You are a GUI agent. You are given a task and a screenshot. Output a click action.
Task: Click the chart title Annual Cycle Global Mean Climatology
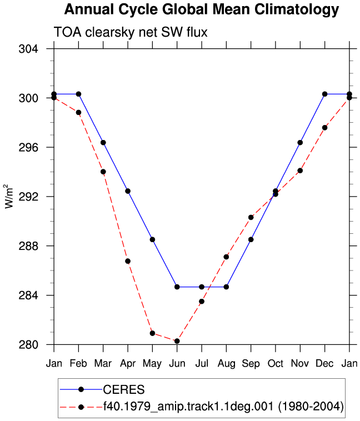pos(202,10)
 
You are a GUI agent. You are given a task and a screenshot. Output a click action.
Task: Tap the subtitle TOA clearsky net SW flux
pos(131,32)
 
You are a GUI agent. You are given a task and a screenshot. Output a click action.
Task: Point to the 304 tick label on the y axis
pos(28,49)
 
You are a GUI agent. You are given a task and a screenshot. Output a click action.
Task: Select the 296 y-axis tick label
pos(28,147)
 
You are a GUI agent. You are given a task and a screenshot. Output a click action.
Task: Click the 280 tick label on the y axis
pos(28,344)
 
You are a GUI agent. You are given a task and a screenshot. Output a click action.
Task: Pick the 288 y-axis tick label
pos(28,246)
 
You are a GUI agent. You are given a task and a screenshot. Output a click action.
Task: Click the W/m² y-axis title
pos(8,196)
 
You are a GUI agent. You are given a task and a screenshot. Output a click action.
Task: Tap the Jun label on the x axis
pos(177,364)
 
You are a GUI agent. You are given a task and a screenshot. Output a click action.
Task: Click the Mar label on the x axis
pos(103,364)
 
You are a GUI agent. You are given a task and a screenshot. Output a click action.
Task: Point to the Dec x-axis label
pos(324,364)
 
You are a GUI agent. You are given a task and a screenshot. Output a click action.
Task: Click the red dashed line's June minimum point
pos(177,341)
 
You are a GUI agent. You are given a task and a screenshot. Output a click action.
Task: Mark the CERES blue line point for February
pos(78,94)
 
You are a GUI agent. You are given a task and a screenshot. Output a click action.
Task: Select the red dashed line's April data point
pos(128,261)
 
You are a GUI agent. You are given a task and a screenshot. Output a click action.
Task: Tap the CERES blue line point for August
pos(226,287)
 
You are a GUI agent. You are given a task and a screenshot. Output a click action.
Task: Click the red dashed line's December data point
pos(324,128)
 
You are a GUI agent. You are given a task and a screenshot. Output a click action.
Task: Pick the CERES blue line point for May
pos(152,239)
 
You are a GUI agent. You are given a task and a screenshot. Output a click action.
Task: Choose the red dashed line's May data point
pos(152,333)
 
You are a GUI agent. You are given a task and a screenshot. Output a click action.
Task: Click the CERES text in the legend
pos(124,389)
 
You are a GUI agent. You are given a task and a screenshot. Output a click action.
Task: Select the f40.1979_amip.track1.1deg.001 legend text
pos(188,407)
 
